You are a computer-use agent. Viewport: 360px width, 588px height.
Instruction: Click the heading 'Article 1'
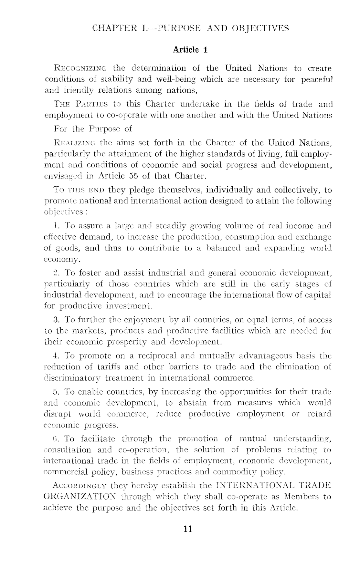click(190, 50)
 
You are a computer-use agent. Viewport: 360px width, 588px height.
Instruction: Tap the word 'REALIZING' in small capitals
click(75, 143)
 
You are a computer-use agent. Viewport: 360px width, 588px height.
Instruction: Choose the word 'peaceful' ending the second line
click(317, 79)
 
